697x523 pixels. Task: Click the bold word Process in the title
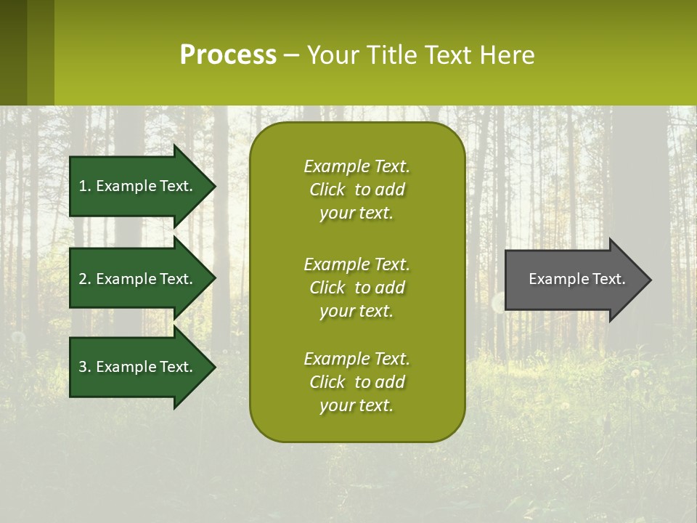point(228,55)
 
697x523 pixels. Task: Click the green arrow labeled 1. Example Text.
point(138,186)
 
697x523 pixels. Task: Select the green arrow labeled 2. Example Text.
point(138,279)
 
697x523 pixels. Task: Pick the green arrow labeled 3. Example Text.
point(138,367)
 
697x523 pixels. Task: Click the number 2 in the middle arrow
point(83,279)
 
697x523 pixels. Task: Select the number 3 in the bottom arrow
point(83,367)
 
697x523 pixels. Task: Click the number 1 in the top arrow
point(83,186)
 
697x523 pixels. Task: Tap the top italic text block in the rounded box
point(356,190)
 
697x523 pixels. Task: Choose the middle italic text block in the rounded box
point(356,288)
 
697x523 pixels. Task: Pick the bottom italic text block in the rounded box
point(356,382)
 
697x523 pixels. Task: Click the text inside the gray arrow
point(576,279)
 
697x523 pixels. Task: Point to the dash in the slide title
point(291,56)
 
